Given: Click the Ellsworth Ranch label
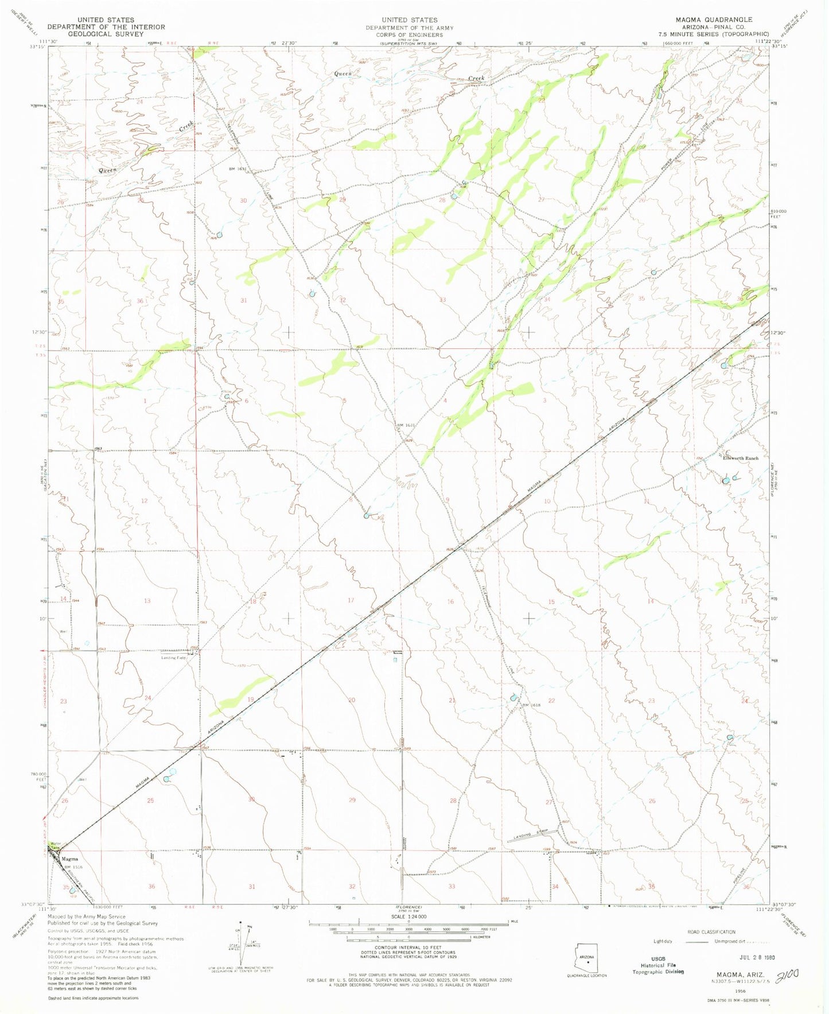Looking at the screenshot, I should click(x=741, y=458).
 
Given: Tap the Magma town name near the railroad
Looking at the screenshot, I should click(x=70, y=859).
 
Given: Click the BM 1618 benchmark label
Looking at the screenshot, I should click(x=531, y=705).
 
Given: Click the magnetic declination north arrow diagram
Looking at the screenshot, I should click(x=248, y=951).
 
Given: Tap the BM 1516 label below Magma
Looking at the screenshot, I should click(x=72, y=867).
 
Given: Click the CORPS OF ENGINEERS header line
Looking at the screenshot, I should click(x=410, y=34).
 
